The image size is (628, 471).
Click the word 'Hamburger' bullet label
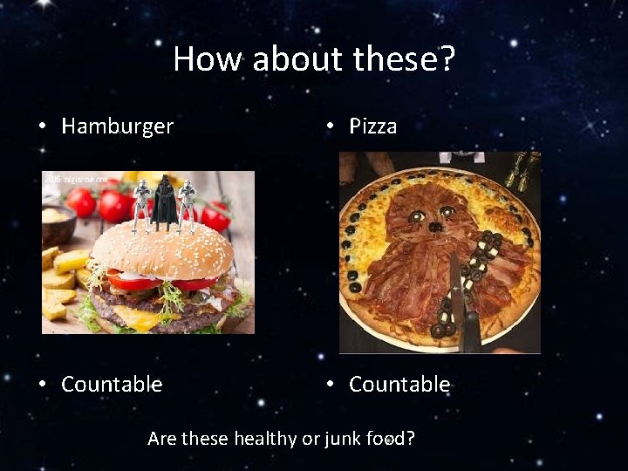coord(117,126)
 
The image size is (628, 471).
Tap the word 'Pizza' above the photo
coord(372,126)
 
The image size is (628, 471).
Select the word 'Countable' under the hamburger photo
coord(112,384)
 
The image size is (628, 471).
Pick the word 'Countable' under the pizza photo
coord(399,384)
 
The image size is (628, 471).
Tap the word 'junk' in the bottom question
coord(342,438)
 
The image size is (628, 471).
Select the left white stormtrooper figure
coord(140,206)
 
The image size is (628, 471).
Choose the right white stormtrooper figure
coord(186,206)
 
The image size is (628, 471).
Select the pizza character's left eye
coord(418,215)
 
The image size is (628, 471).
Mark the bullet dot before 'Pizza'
coord(331,126)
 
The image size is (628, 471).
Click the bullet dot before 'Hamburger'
coord(43,126)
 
